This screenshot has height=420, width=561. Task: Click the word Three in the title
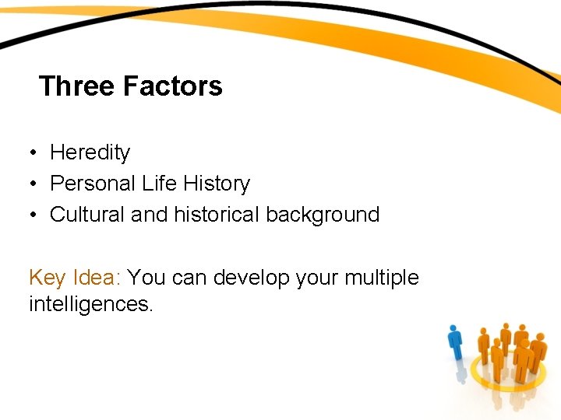pyautogui.click(x=76, y=86)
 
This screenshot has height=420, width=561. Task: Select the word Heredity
pyautogui.click(x=90, y=152)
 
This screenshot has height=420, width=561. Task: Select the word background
pyautogui.click(x=323, y=215)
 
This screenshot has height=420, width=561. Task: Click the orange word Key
pyautogui.click(x=48, y=278)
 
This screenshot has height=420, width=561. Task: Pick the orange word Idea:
pyautogui.click(x=97, y=278)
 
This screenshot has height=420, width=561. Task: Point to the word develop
pyautogui.click(x=252, y=278)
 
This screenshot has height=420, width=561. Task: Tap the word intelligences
pyautogui.click(x=90, y=303)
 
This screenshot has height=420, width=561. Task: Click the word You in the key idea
pyautogui.click(x=146, y=278)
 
